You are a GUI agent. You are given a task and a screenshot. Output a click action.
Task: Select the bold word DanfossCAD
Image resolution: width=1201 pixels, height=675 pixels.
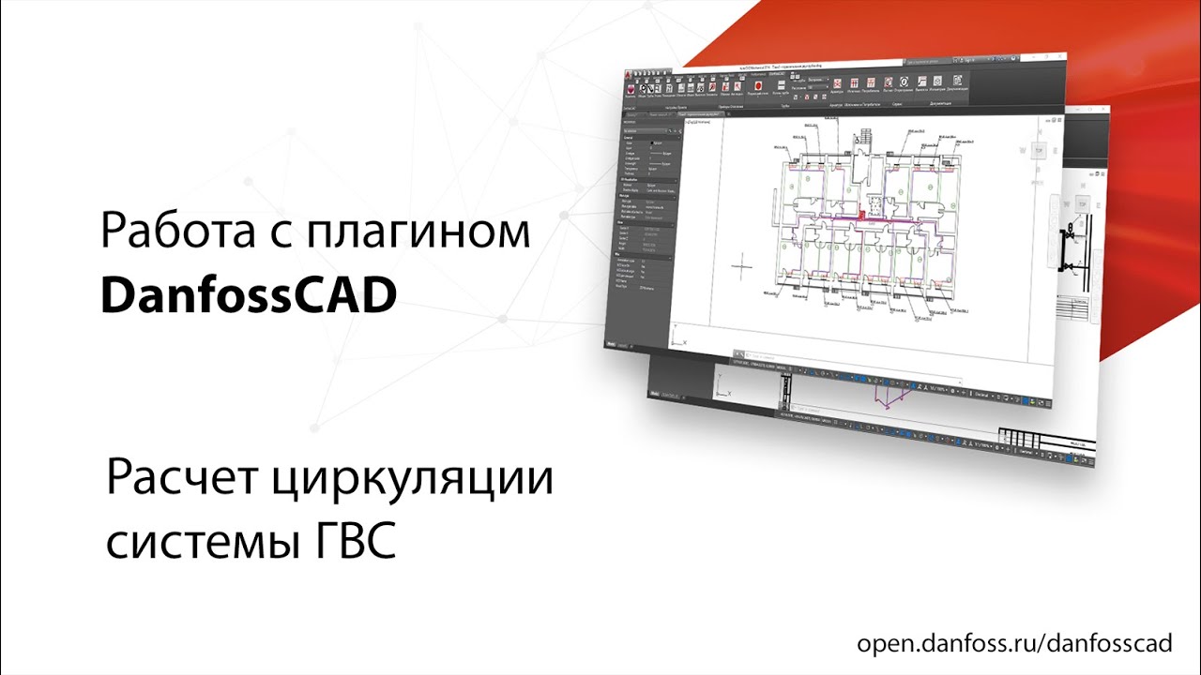(x=248, y=297)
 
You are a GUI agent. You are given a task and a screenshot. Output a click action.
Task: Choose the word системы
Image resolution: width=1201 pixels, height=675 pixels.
(x=201, y=542)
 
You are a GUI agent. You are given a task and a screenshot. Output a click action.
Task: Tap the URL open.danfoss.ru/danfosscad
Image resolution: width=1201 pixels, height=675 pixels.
(x=1014, y=644)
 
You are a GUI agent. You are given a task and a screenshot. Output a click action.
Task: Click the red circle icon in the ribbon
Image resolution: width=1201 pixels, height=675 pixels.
(x=756, y=86)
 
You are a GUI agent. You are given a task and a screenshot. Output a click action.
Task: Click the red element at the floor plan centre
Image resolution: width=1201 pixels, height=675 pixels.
(x=866, y=215)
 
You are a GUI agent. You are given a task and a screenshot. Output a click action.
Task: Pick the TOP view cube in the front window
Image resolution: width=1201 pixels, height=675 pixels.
(x=1038, y=150)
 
